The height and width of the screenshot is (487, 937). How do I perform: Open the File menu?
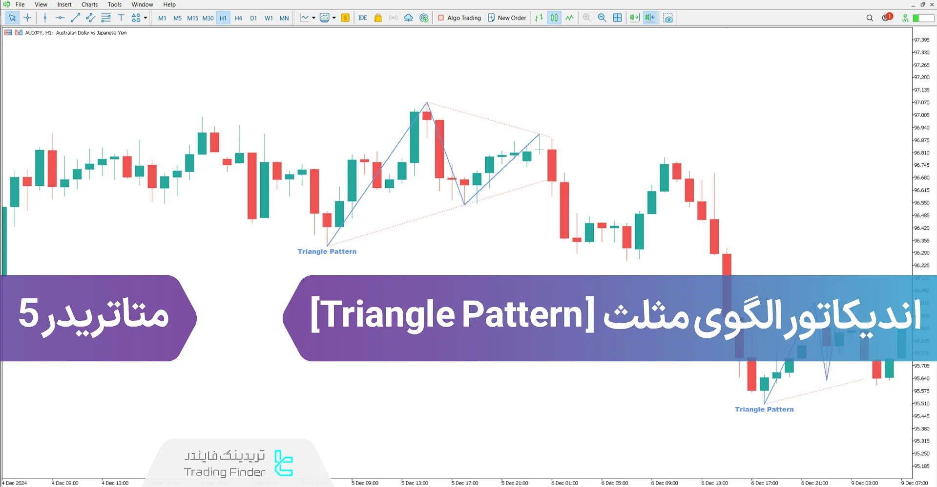(x=20, y=4)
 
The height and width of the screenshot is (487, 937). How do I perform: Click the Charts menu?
(x=89, y=4)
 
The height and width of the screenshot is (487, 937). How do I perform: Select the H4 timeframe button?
(x=238, y=18)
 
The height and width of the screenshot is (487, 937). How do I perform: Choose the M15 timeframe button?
(x=192, y=18)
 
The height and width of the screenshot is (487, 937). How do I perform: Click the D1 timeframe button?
(x=253, y=18)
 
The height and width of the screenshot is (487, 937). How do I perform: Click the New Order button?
(x=507, y=18)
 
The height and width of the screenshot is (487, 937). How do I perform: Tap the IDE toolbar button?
(x=362, y=18)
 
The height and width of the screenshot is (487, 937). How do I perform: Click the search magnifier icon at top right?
(x=870, y=18)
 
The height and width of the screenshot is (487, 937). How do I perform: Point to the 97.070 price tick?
(x=921, y=103)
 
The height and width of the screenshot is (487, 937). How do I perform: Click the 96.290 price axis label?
(x=921, y=253)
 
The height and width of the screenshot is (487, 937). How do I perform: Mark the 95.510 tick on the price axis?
(x=921, y=403)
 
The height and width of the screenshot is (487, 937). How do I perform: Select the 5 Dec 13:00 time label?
(x=415, y=483)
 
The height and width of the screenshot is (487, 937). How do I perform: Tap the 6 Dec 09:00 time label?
(x=665, y=483)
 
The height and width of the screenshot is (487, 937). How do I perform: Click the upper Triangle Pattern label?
(x=327, y=251)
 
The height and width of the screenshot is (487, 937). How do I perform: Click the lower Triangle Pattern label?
(x=764, y=409)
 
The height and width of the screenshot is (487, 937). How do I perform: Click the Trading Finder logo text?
(x=225, y=472)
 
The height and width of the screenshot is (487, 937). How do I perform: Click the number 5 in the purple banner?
(x=28, y=313)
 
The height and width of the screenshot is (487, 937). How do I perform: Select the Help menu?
(x=169, y=4)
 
